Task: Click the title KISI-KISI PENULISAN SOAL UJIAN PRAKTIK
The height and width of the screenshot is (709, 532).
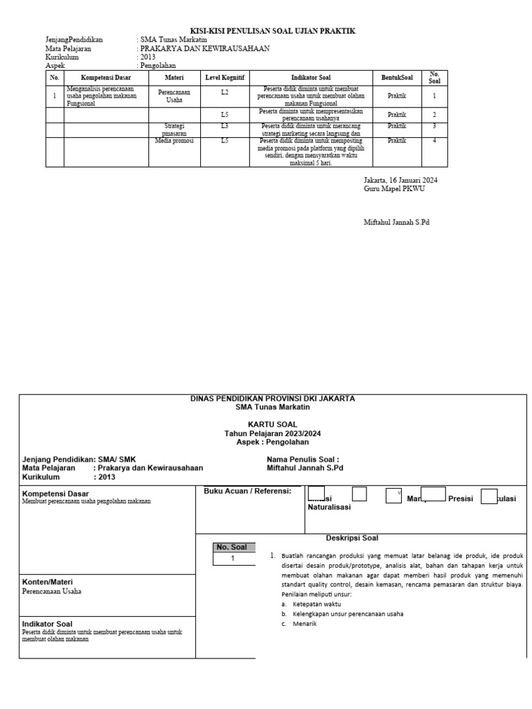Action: (272, 32)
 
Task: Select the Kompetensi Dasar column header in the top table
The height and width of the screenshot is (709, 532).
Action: (107, 78)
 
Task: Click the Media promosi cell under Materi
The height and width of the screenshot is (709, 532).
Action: (174, 141)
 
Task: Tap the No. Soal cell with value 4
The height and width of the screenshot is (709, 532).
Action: (434, 141)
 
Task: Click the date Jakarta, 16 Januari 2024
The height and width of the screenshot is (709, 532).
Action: (400, 180)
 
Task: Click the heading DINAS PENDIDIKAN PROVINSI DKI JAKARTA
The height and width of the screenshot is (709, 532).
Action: (272, 399)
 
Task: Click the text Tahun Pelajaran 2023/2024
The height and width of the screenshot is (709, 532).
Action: (272, 433)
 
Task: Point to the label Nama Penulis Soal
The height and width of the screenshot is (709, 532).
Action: (303, 459)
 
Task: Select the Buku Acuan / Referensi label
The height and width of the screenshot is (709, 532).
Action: (247, 491)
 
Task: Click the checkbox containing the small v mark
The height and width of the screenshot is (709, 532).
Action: (393, 494)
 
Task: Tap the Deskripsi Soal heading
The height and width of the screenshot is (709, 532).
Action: (352, 538)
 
